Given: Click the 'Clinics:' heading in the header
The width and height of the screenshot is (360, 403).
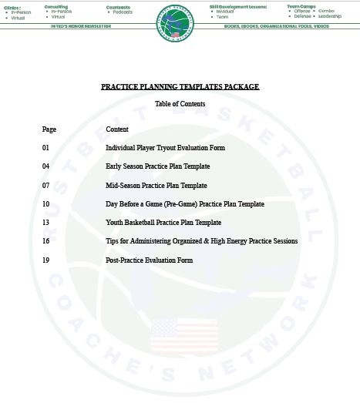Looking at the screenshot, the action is (11, 7).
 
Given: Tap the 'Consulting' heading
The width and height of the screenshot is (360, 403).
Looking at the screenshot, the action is (56, 6).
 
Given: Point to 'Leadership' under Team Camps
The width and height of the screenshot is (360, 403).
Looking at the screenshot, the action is (329, 16).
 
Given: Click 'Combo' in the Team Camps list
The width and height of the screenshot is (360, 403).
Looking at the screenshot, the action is (326, 12).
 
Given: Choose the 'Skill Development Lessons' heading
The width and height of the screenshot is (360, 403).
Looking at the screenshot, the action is (237, 6).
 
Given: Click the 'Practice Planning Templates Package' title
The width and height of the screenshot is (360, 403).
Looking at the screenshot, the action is (180, 87).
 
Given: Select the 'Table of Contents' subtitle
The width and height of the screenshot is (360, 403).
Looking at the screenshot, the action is (180, 103).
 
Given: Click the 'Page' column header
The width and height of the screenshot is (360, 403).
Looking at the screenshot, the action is (49, 129).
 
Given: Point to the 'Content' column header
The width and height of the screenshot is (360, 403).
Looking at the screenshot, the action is (117, 129).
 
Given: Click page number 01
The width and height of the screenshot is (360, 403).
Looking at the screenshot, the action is (46, 147).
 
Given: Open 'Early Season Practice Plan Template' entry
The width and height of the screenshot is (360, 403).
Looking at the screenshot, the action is (157, 166).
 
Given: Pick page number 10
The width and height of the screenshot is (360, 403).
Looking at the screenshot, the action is (46, 204).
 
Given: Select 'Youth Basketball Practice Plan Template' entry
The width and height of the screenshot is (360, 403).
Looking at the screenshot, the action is (163, 223).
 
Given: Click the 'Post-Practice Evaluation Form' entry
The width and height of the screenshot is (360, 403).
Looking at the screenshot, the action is (149, 260).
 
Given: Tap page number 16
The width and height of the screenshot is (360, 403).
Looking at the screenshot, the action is (46, 241).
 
